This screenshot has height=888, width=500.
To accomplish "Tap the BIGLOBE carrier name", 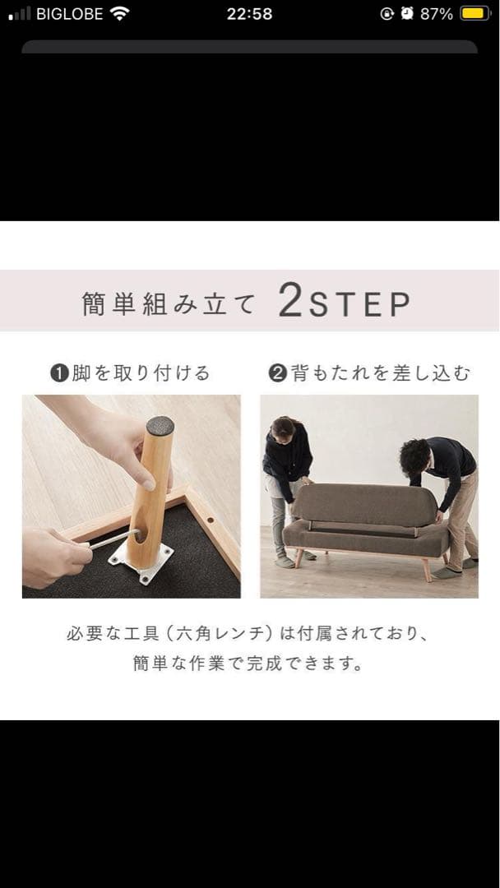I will click(69, 14).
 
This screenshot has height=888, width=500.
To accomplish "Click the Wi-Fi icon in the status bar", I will click(120, 14).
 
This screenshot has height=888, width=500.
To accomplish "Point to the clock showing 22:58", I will click(249, 14).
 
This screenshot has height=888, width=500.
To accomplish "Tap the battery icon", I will click(475, 14).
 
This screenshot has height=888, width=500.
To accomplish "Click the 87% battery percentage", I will click(437, 14).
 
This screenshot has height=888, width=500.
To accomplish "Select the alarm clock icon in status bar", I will click(407, 14).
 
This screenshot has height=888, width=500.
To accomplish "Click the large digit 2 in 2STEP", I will click(291, 302).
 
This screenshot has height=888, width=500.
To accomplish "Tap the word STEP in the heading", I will click(360, 304).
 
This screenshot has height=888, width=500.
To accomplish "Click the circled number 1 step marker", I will click(58, 374).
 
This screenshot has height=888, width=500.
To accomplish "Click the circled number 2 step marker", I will click(277, 374).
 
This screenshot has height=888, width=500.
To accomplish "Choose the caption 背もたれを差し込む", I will click(380, 373).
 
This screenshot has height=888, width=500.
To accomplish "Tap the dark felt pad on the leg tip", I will click(160, 426).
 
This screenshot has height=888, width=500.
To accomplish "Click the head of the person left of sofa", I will click(283, 429).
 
